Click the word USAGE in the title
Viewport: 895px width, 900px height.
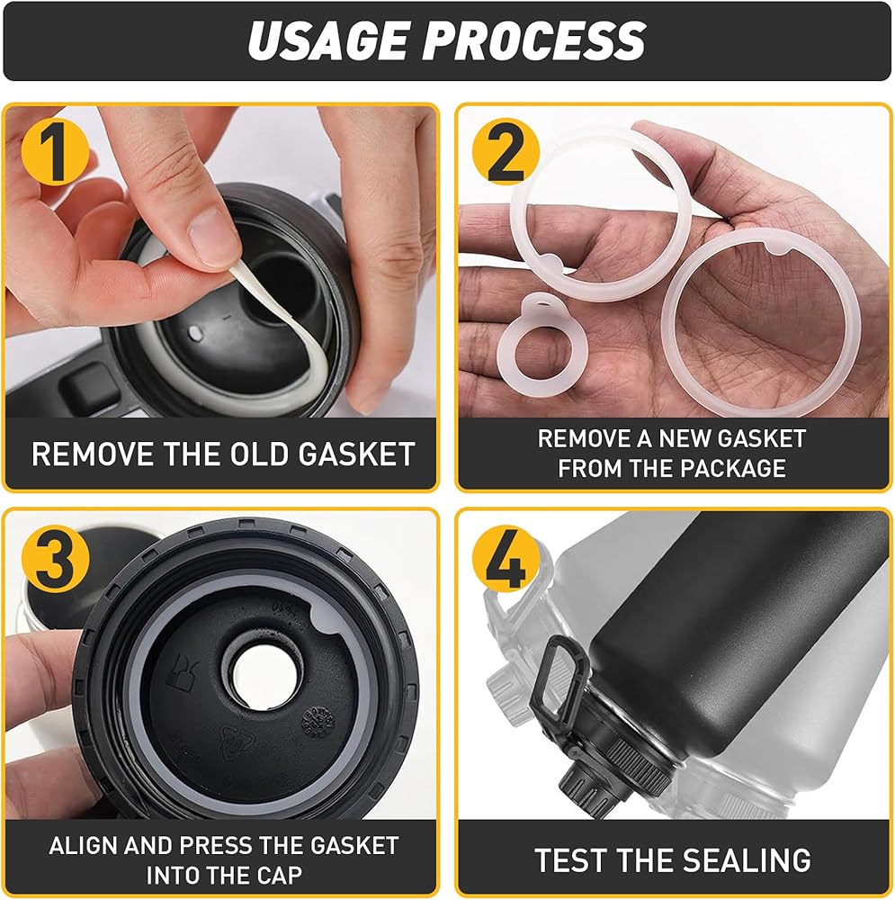coord(328,40)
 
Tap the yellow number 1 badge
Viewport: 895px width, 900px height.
coord(55,153)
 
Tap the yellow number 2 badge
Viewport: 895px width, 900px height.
coord(506,152)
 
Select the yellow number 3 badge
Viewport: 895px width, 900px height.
coord(55,559)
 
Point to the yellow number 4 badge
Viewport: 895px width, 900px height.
coord(506,559)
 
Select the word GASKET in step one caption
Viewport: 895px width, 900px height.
coord(356,454)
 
